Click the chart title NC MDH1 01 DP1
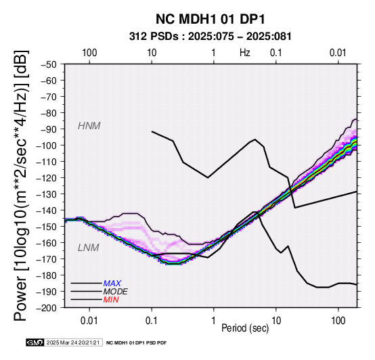pos(211,19)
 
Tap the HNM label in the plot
pos(89,126)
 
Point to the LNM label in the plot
pos(88,248)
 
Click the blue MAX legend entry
pos(112,284)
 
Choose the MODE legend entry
pos(115,292)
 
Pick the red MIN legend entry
pos(111,300)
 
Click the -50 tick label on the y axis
pos(49,64)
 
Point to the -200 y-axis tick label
pos(47,308)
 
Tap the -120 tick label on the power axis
pos(47,178)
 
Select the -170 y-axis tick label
pos(47,259)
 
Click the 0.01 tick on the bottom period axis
pos(89,321)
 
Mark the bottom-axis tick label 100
pos(338,321)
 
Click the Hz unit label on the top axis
pos(245,53)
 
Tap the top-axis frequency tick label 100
pos(89,53)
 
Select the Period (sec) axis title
pos(245,328)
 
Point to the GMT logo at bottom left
pos(35,342)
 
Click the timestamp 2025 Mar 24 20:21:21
pos(73,342)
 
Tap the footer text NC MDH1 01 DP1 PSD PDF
pos(136,343)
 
